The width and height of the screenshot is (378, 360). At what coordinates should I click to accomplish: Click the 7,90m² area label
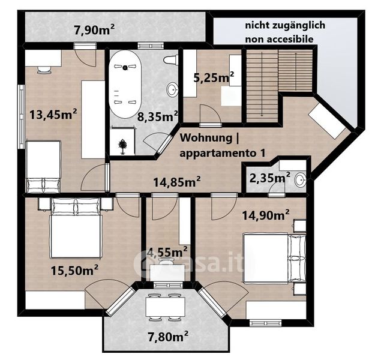point(94,31)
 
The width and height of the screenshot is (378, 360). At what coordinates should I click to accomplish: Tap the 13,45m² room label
point(53,114)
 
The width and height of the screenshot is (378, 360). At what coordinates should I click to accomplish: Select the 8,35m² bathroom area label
point(158,116)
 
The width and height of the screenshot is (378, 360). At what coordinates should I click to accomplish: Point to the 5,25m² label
point(214,77)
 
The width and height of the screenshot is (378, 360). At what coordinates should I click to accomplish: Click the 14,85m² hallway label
point(177,182)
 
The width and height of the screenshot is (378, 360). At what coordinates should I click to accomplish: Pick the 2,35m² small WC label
point(270,178)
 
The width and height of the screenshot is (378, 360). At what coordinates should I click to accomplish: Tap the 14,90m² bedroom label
point(266,215)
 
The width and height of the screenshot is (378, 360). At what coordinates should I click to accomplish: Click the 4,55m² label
point(167,253)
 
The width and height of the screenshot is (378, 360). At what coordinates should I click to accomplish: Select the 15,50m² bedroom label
point(74,270)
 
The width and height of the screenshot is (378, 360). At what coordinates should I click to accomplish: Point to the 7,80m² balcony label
point(168,337)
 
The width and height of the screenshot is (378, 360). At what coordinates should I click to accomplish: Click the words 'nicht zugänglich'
point(285,25)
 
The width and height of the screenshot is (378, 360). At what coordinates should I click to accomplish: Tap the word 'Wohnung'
point(206,137)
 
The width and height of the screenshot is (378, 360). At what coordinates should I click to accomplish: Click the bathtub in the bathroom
point(125,84)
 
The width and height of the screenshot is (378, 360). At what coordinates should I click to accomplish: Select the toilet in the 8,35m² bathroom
point(171,59)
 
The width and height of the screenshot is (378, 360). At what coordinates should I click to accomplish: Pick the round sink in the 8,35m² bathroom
point(173,89)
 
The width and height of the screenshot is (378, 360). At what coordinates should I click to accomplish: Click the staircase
point(280,86)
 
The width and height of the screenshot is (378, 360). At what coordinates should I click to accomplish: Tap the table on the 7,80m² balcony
point(165,307)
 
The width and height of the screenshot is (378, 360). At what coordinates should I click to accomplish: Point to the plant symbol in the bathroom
point(123,146)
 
